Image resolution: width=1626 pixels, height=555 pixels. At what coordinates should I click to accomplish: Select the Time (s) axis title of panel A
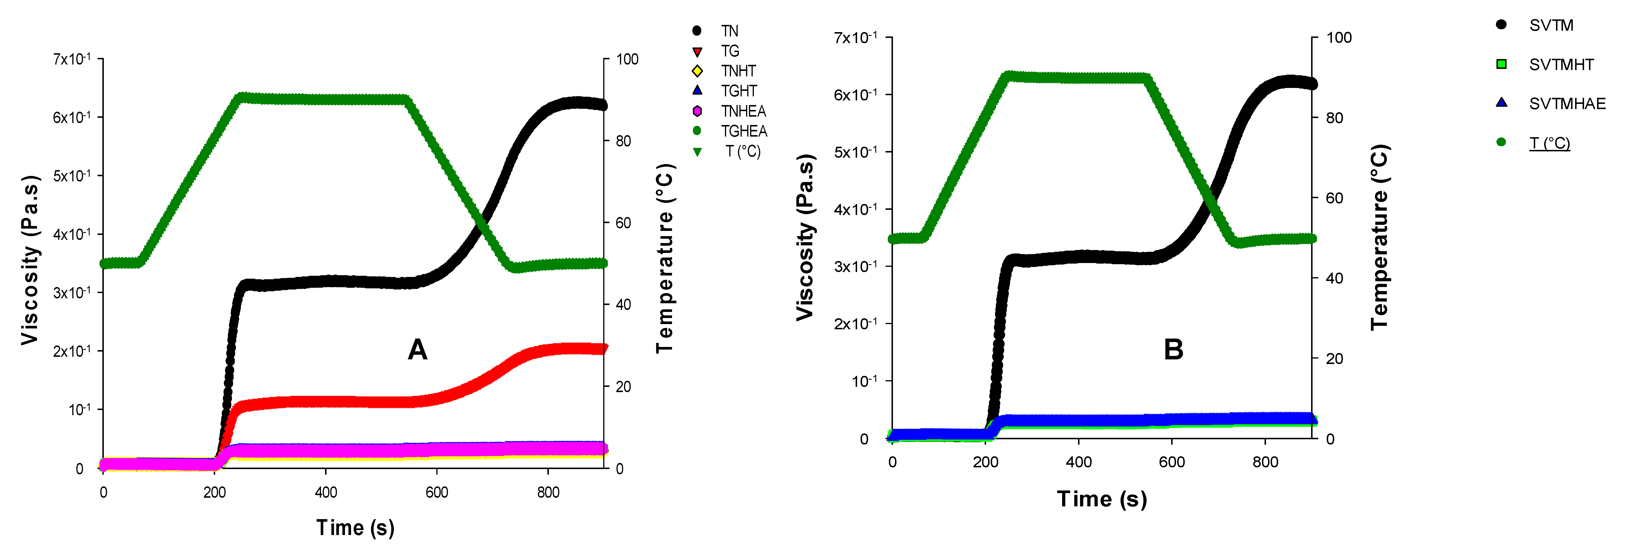(355, 527)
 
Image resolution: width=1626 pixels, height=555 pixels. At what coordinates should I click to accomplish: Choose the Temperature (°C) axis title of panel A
(665, 259)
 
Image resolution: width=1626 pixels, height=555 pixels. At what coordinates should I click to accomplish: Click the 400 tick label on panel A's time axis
(326, 492)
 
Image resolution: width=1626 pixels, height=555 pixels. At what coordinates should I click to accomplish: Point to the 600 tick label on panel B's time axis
(1171, 462)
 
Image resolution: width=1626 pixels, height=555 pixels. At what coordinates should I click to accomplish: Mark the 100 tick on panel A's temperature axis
(627, 59)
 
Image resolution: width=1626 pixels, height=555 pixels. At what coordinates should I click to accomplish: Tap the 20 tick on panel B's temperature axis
(1334, 359)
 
